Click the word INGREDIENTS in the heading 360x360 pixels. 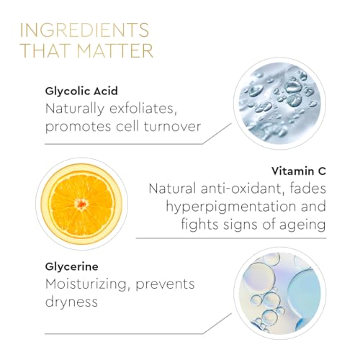pos(84,30)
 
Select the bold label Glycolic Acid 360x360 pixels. pos(81,91)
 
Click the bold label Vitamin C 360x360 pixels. pos(299,171)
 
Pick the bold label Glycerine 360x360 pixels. pos(71,267)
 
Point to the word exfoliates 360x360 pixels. pos(143,109)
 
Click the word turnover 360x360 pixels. pos(172,126)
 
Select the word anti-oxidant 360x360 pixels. pos(240,189)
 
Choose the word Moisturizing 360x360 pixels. pos(86,284)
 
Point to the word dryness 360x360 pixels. pos(71,302)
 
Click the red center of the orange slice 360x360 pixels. pos(81,204)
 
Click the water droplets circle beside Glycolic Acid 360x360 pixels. pos(279,103)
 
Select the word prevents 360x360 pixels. pos(165,285)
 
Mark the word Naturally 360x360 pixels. pos(75,109)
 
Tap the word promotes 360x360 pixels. pos(78,127)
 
